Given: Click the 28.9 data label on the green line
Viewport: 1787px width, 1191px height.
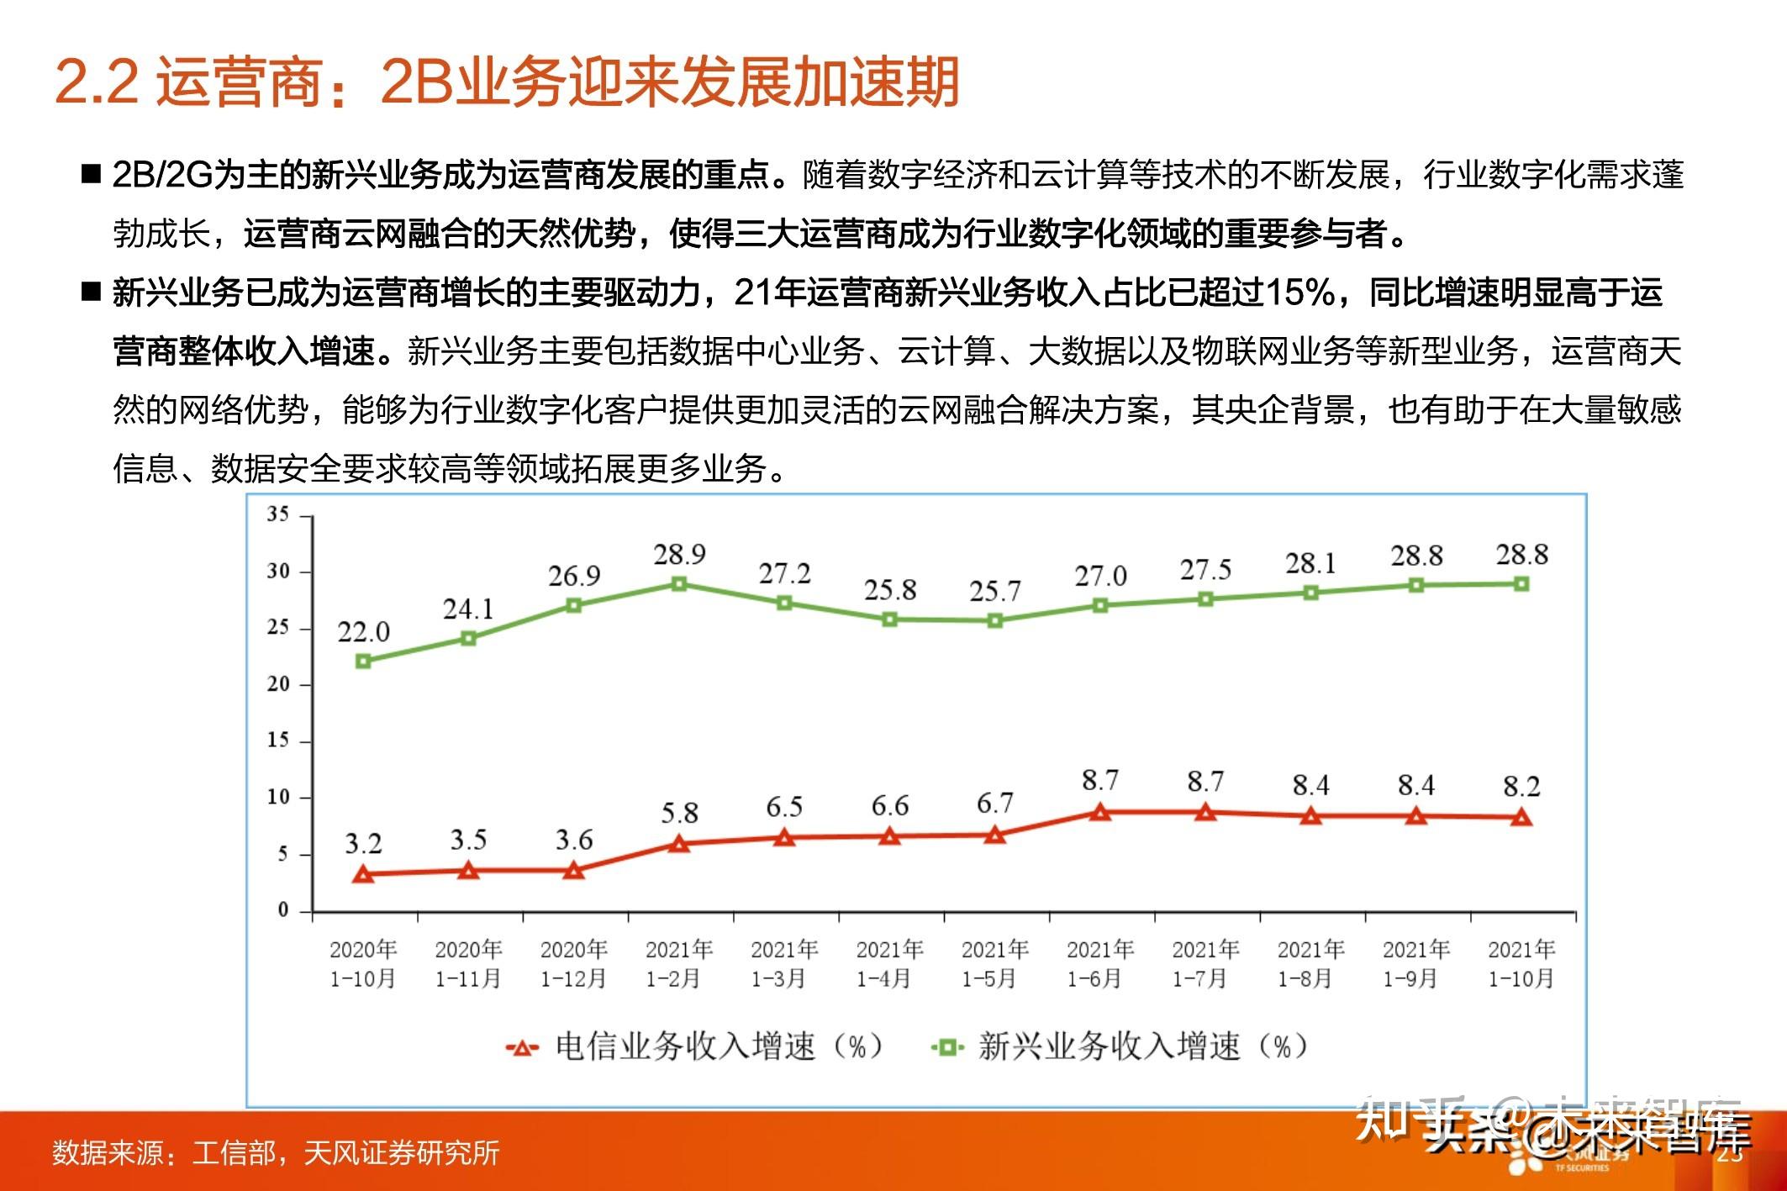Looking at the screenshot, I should tap(679, 555).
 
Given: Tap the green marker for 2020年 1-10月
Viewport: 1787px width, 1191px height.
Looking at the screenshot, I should tap(363, 661).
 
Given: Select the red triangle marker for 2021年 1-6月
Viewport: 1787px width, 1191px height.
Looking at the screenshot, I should tap(1100, 812).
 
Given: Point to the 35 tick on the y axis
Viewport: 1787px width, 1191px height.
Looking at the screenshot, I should tap(278, 514).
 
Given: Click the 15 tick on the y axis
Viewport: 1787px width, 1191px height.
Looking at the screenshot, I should tap(278, 740).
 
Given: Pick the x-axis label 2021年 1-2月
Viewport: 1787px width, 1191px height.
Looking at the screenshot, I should tap(678, 964).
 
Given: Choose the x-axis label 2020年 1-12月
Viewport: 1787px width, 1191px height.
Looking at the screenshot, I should tap(573, 964).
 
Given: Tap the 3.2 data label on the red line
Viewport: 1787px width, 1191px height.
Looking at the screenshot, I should tap(363, 843).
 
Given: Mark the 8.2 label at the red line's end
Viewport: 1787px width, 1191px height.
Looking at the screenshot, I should tap(1521, 787).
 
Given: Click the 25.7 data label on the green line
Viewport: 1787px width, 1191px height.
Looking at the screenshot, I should tap(994, 591).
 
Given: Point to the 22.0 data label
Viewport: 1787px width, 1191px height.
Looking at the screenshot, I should tap(363, 631).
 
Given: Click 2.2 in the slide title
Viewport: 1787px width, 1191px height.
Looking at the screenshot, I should tap(97, 82).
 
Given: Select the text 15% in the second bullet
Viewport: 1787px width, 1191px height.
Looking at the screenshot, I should tap(1299, 292).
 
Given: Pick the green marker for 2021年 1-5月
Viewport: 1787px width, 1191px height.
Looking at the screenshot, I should tap(994, 621).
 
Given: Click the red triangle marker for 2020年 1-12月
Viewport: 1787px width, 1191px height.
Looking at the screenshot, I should tap(573, 871).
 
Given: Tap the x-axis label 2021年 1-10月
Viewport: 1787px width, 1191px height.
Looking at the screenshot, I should tap(1521, 964).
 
